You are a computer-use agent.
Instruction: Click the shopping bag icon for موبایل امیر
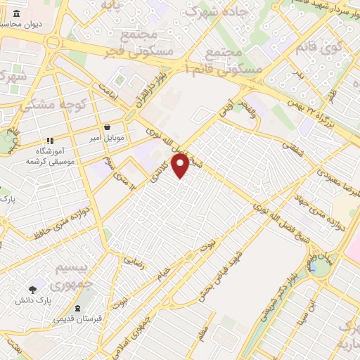pyautogui.click(x=106, y=128)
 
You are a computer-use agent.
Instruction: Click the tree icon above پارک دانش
pyautogui.click(x=32, y=289)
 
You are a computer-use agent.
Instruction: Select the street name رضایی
pyautogui.click(x=134, y=259)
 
